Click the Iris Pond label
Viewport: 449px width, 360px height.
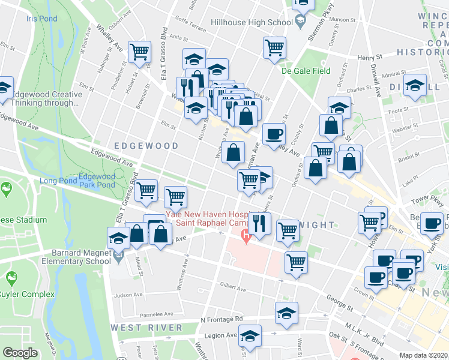(41, 19)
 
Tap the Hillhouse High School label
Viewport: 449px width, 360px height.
(252, 23)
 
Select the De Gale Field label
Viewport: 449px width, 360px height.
(306, 71)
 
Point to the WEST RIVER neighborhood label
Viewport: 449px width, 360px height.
(146, 328)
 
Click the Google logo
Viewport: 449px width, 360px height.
(20, 353)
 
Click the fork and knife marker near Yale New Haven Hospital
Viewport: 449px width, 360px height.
(259, 223)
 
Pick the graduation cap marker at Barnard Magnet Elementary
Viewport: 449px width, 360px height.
(118, 238)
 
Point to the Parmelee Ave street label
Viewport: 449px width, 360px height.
(157, 314)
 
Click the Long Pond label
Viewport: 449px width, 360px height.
(58, 181)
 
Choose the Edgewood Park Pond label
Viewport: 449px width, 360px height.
(97, 181)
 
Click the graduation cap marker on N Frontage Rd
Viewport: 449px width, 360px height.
(287, 313)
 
